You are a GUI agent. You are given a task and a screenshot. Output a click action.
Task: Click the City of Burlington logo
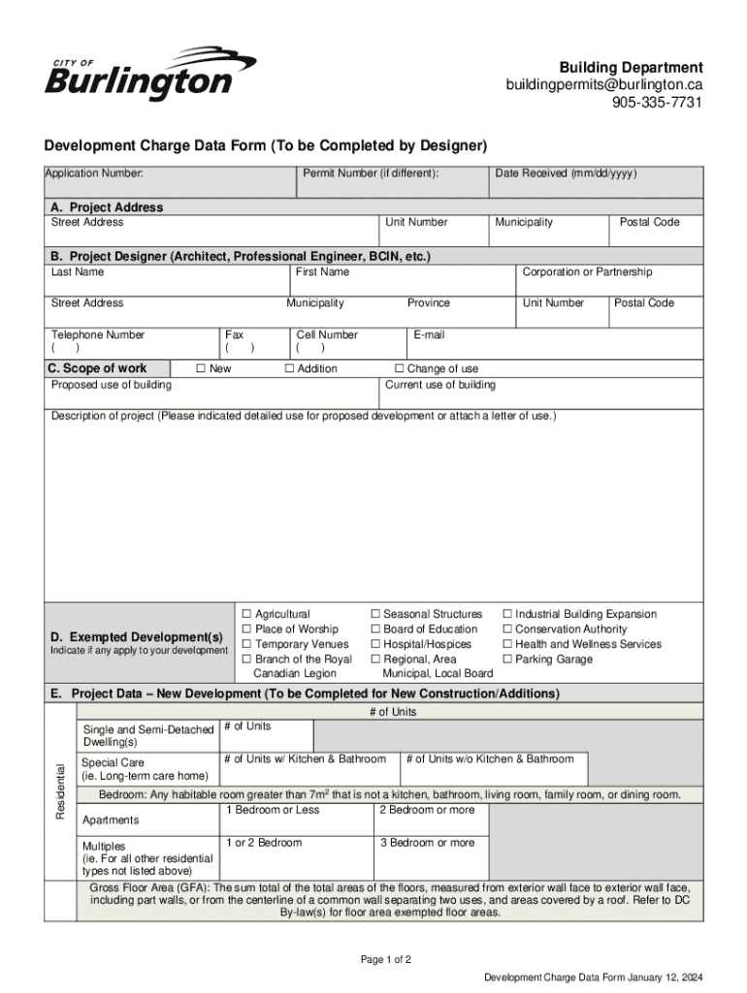[149, 74]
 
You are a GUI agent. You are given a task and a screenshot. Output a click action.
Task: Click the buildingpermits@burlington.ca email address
[603, 85]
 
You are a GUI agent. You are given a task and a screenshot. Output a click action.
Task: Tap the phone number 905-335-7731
[657, 104]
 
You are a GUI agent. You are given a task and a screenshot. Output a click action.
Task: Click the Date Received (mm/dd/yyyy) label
[566, 174]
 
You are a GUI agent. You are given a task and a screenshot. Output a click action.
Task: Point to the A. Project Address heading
[107, 207]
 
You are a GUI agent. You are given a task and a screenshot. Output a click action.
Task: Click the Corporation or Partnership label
[587, 272]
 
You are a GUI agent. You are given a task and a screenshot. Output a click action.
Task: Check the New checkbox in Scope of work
[201, 368]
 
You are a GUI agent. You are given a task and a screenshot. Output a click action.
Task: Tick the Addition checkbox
[289, 368]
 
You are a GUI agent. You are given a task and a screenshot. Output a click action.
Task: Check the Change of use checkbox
[399, 368]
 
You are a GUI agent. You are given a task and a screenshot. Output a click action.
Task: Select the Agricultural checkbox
[246, 615]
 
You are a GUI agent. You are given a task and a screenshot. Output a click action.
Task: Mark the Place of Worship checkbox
[246, 629]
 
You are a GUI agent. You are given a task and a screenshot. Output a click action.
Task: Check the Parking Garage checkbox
[506, 659]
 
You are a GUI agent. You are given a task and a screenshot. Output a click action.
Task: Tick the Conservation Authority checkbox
[506, 629]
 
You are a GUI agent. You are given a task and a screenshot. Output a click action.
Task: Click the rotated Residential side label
[60, 790]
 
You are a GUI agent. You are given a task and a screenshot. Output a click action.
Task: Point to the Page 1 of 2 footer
[386, 960]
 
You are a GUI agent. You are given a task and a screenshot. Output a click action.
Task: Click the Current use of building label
[439, 385]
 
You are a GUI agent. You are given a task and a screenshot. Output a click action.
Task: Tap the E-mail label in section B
[428, 335]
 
